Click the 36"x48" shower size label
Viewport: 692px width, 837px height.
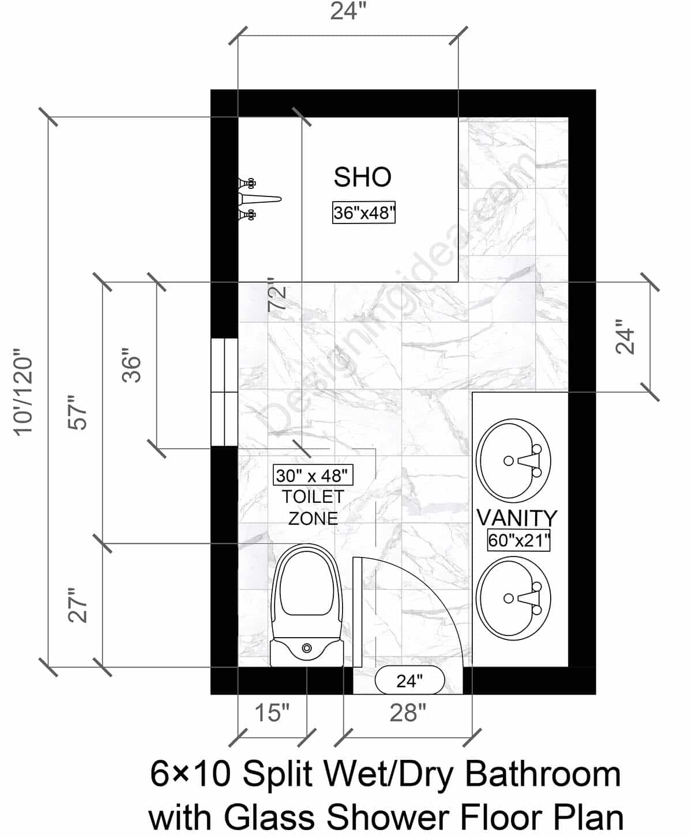coord(364,213)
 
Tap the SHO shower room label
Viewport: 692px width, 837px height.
coord(363,177)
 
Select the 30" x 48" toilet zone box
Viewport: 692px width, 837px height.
coord(312,475)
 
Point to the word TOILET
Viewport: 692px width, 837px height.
coord(313,497)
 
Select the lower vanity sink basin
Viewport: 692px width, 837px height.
coord(513,598)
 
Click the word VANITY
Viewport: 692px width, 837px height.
coord(517,518)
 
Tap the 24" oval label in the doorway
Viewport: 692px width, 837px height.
coord(409,681)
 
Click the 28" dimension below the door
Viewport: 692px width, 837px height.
coord(408,713)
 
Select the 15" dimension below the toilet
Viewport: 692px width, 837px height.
coord(272,713)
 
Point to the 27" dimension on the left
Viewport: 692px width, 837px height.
coord(78,605)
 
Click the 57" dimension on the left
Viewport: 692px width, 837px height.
coord(78,412)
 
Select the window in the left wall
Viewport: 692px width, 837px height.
coord(224,392)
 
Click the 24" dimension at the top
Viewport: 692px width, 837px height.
coord(348,12)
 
